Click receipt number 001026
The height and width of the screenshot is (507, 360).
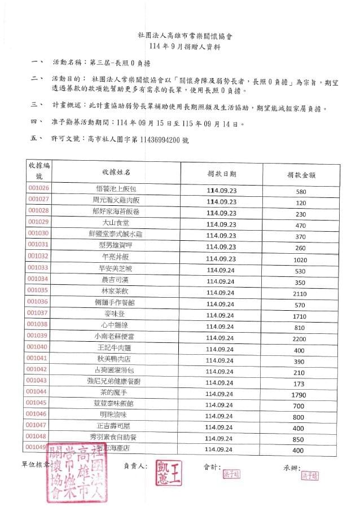38,188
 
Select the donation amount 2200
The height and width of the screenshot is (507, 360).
300,340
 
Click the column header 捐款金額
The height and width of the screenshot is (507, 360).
300,174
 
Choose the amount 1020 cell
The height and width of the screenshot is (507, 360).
300,259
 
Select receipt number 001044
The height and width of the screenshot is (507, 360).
38,391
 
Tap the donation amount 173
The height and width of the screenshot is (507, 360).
300,383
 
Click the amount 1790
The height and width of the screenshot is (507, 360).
300,395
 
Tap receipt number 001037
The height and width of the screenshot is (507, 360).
38,312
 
